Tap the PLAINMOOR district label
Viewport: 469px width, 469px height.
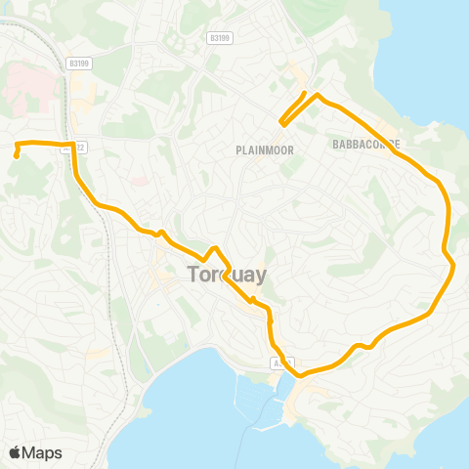point(259,149)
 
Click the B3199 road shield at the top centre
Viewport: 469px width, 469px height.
point(220,38)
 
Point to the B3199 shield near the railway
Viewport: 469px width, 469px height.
point(79,63)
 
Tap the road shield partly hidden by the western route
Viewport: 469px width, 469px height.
point(78,148)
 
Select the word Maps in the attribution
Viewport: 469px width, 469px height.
point(43,452)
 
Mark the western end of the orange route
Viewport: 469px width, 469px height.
point(17,155)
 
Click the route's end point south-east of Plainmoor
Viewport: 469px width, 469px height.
point(282,122)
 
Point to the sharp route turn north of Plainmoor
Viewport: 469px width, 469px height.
point(318,94)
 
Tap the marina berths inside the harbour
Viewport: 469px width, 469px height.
point(257,401)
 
